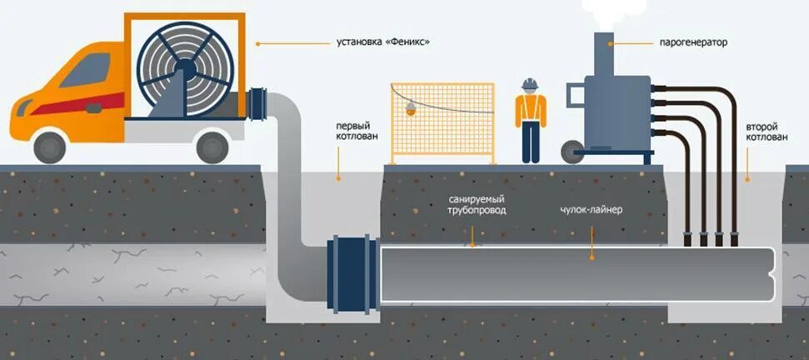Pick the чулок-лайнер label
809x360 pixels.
591,210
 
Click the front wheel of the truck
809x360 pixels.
51,147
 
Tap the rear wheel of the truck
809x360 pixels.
212,147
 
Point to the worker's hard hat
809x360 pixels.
528,84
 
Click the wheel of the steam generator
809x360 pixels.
572,151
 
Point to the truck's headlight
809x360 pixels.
20,107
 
